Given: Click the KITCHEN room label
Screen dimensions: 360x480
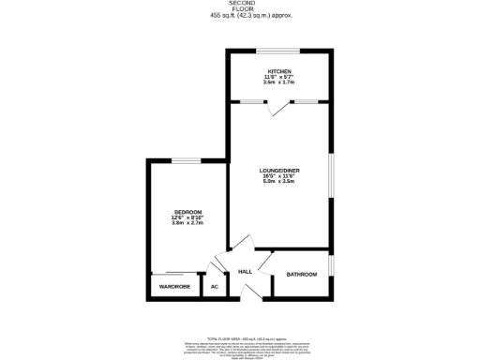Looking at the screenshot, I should (279, 71).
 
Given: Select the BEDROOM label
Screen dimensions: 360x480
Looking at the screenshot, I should (187, 213).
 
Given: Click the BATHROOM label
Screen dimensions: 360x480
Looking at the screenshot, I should (302, 275).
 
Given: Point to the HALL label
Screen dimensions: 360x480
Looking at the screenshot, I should (246, 272).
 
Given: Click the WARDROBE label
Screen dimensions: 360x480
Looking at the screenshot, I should (174, 286).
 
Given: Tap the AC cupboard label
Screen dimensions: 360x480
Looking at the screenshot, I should (215, 286).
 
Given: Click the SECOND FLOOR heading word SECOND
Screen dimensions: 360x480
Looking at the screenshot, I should (241, 4).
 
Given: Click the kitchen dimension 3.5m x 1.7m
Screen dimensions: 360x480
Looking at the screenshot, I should (279, 83).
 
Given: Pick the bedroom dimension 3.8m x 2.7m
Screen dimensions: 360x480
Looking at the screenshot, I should (187, 224).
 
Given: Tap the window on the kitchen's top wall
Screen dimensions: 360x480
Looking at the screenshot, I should (278, 51).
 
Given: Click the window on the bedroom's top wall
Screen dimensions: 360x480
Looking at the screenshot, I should (186, 160).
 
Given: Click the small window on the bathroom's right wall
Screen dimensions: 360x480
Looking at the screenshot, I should (330, 265).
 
